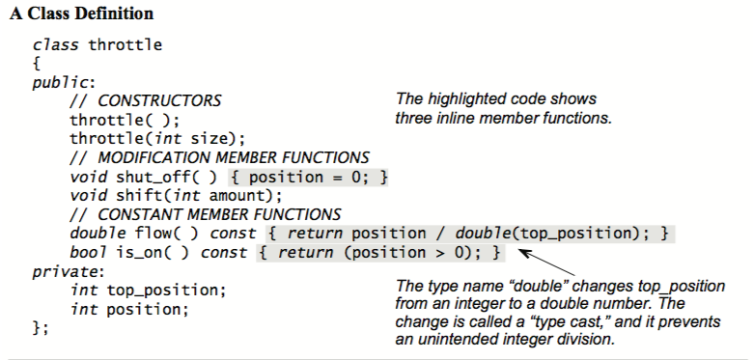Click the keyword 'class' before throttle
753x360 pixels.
tap(56, 44)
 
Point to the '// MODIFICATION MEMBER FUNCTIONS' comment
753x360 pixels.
tap(219, 157)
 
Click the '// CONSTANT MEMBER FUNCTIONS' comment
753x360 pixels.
tap(205, 214)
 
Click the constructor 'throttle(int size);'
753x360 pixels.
tap(157, 138)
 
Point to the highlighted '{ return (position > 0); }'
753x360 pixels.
tap(380, 253)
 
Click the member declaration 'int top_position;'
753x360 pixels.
tap(148, 291)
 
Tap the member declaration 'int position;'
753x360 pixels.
tap(128, 310)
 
